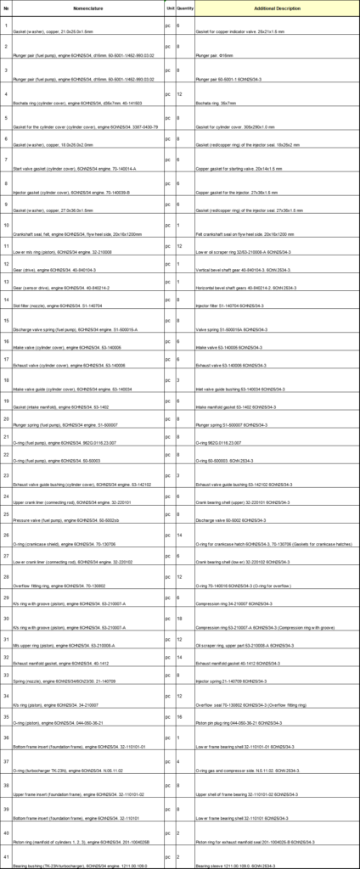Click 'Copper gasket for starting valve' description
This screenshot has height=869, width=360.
click(x=232, y=168)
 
